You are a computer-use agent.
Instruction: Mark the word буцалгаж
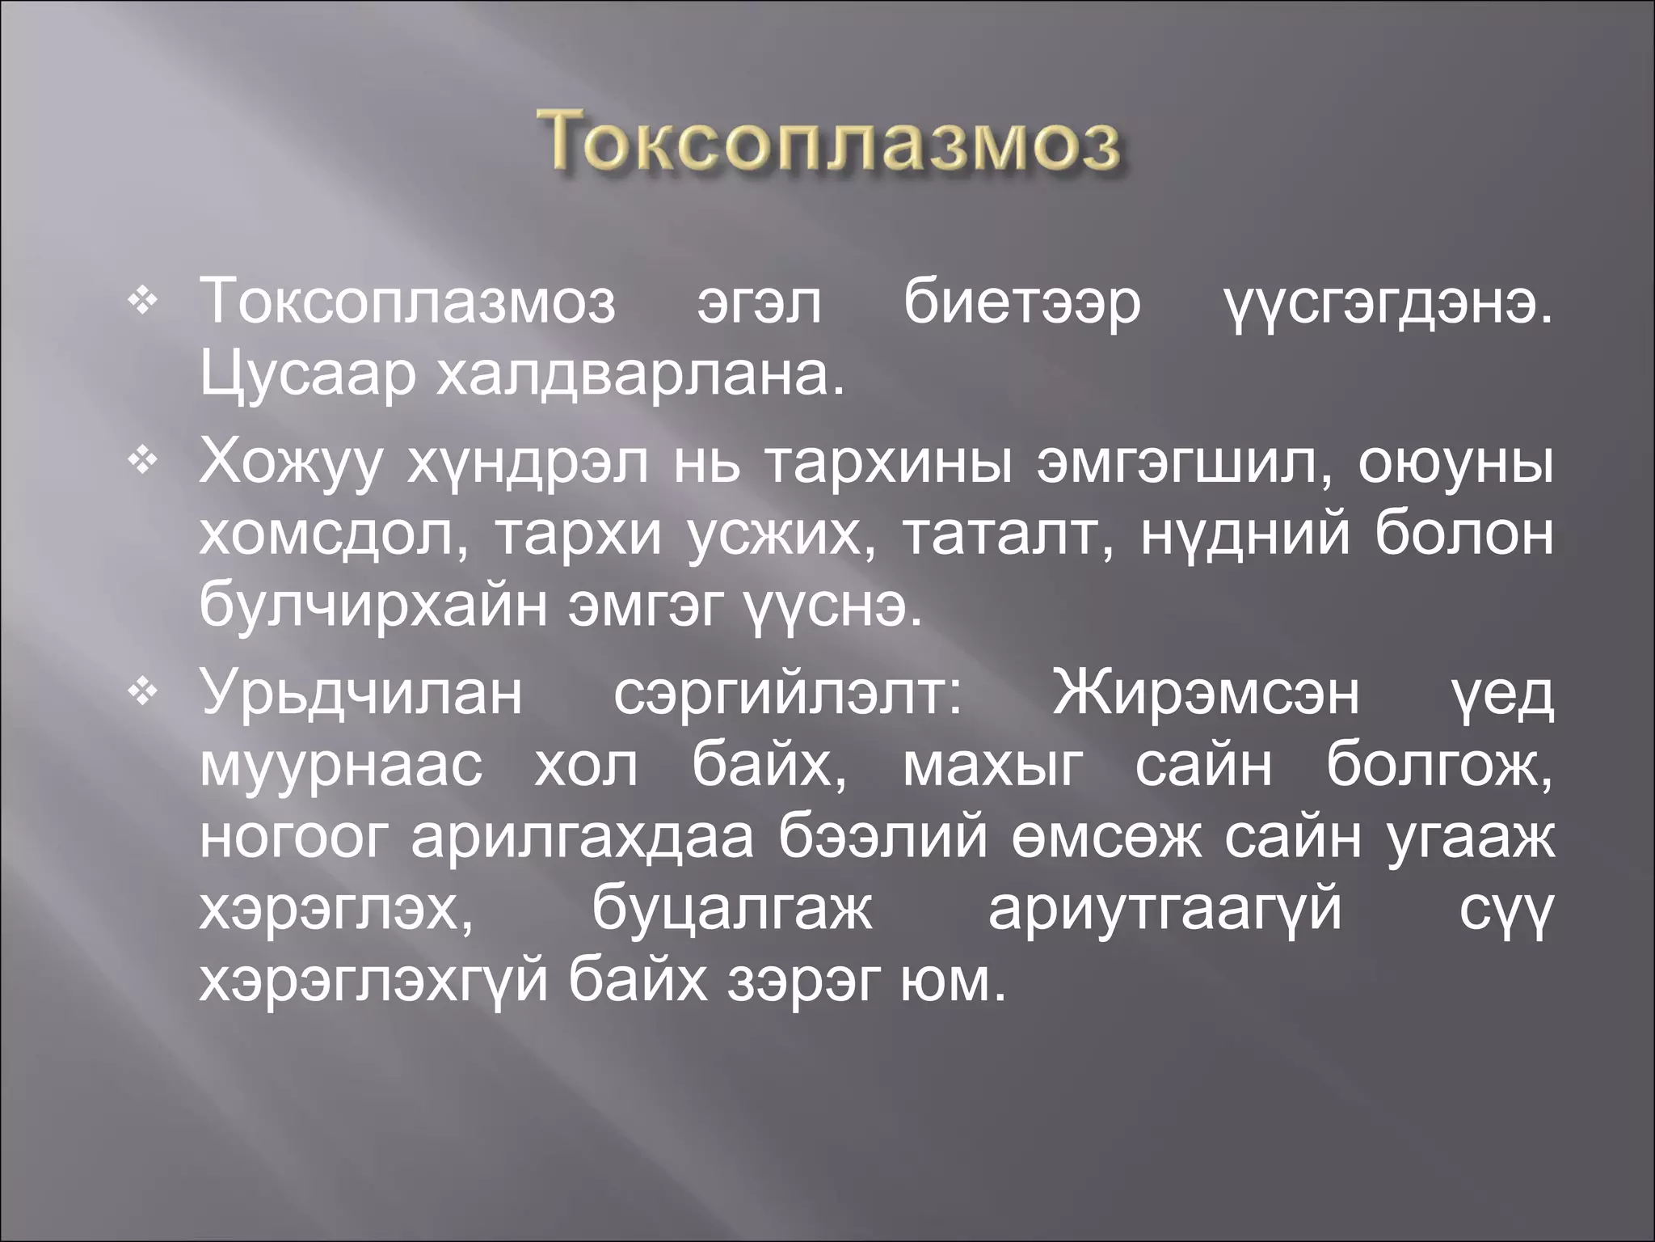[732, 911]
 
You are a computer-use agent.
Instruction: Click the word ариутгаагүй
[1164, 911]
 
